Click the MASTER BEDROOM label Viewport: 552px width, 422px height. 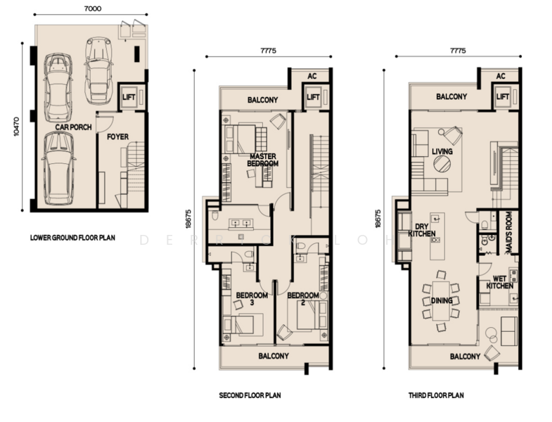click(x=263, y=160)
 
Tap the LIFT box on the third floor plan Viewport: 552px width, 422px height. click(x=503, y=96)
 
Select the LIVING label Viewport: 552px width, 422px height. click(x=442, y=151)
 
